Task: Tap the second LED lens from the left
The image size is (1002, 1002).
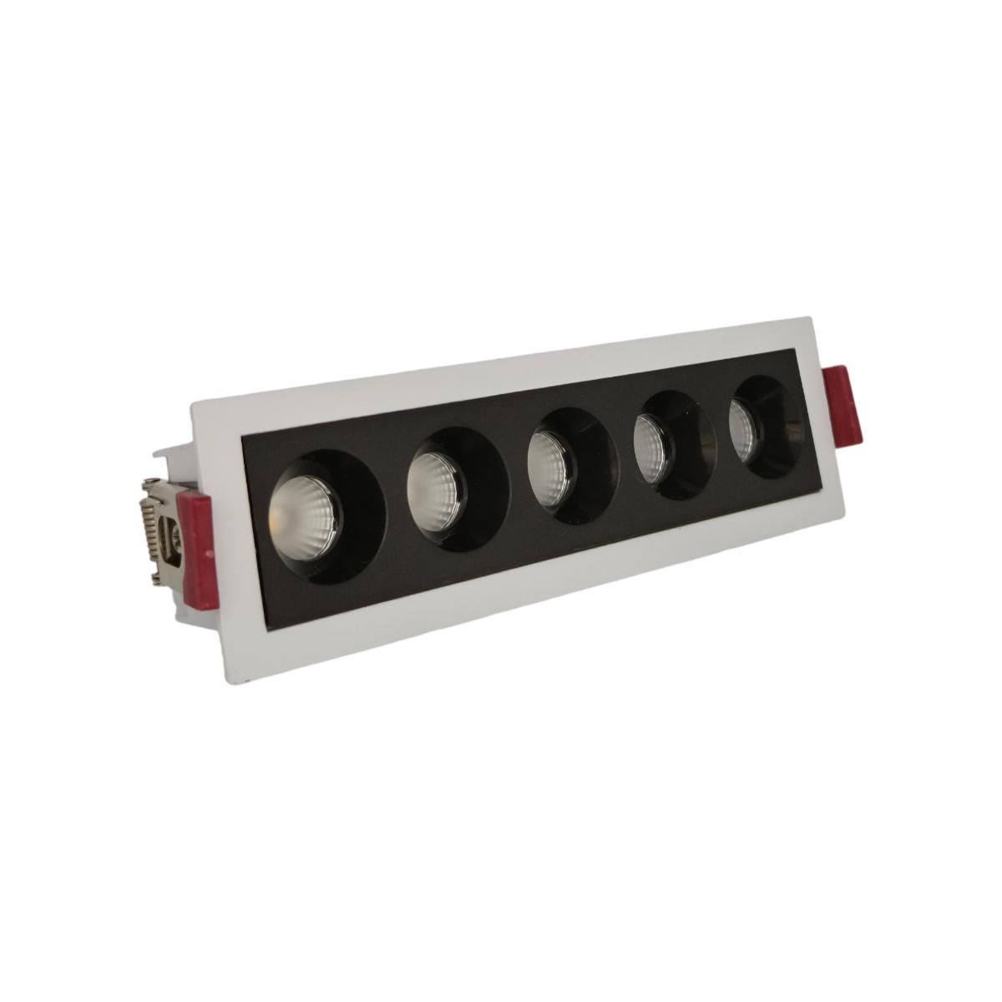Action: tap(435, 483)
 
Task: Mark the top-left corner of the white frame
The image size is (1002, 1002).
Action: tap(192, 404)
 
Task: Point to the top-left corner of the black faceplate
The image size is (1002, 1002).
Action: tap(240, 437)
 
